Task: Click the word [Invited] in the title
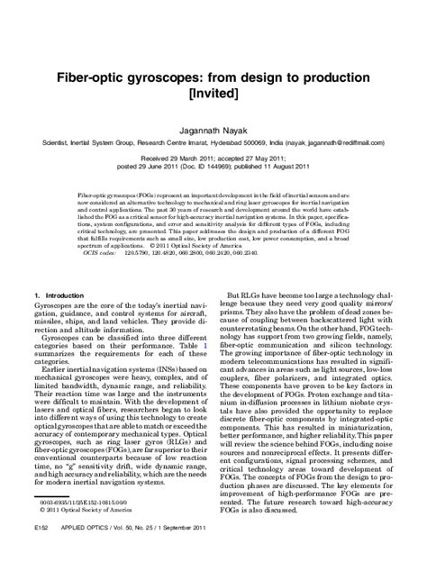point(213,92)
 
